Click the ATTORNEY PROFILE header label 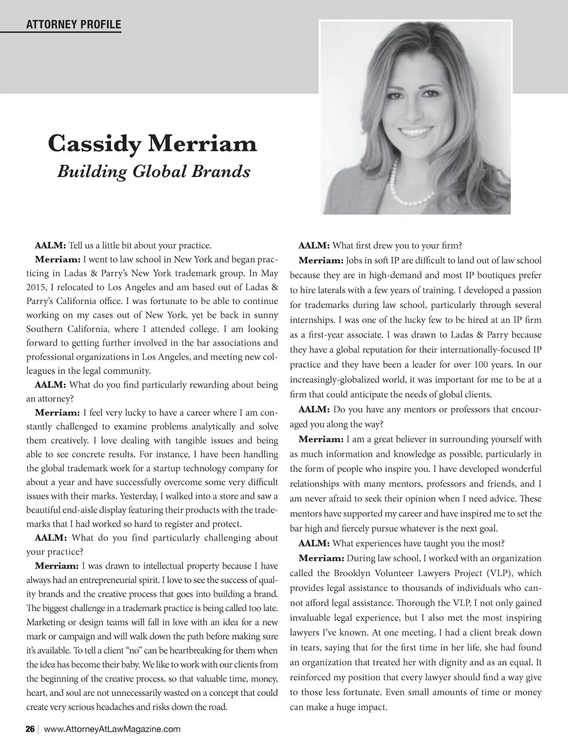coord(73,24)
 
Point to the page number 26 coord(30,729)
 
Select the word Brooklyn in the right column coord(354,573)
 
